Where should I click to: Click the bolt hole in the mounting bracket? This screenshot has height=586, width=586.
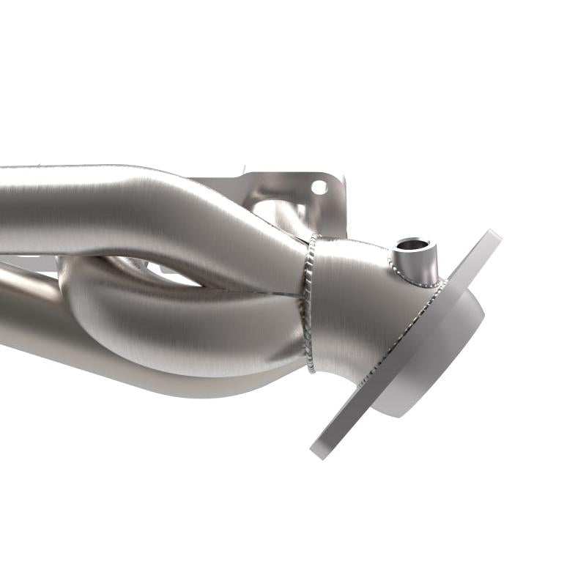[x=319, y=188]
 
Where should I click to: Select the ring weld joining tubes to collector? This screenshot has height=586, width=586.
[x=309, y=300]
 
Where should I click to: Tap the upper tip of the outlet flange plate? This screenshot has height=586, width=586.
[x=493, y=236]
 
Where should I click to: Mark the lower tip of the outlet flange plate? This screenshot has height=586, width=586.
[x=318, y=450]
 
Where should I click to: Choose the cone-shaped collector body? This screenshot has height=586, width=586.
[x=352, y=308]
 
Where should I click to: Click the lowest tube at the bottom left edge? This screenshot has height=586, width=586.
[x=29, y=322]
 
